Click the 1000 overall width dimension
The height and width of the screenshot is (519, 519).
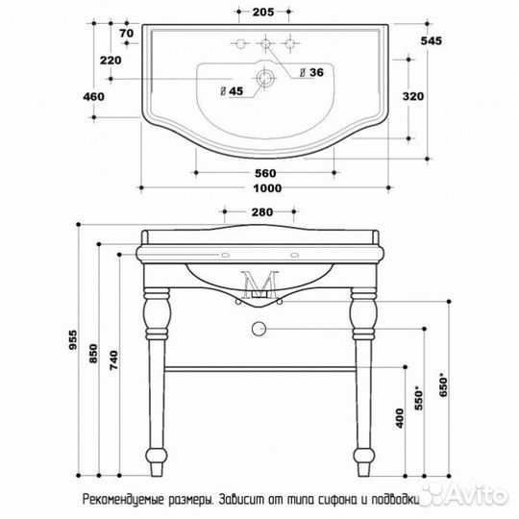point(267,188)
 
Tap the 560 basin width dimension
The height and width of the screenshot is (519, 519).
point(265,173)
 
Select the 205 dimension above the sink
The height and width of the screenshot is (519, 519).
point(263,12)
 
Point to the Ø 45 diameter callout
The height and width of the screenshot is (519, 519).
point(232,91)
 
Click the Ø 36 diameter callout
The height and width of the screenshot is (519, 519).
point(311,72)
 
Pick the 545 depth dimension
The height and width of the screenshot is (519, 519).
point(431,40)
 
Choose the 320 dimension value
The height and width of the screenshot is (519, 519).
point(413,96)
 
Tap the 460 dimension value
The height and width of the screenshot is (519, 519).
point(93,97)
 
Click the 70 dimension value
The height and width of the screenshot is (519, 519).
point(126,33)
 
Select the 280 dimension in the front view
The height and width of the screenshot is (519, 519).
point(262,211)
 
